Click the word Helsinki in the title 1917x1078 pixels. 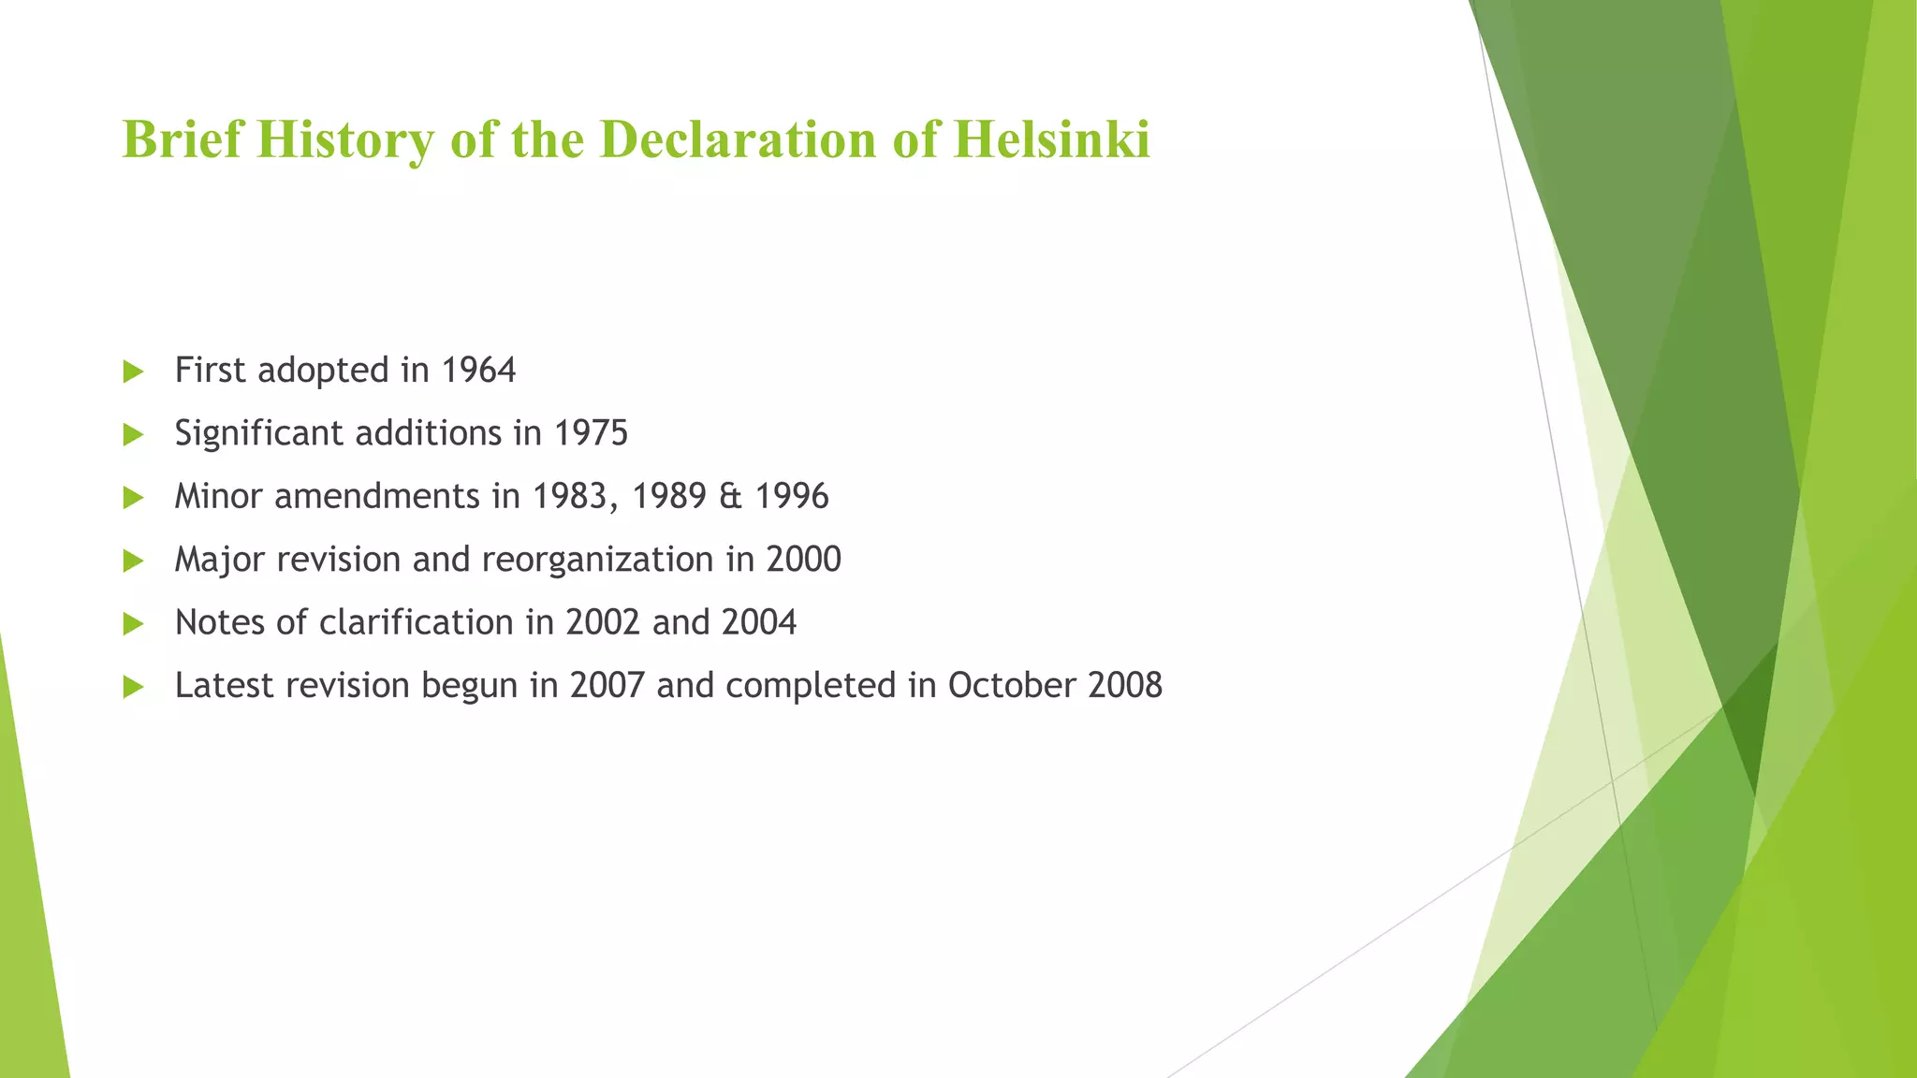click(x=1051, y=139)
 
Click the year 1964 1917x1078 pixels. click(x=478, y=371)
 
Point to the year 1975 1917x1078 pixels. click(x=591, y=433)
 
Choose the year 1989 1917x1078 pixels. click(x=668, y=496)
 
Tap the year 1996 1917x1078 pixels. click(x=792, y=496)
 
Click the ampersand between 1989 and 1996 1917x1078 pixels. click(x=730, y=496)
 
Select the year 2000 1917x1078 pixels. click(x=804, y=560)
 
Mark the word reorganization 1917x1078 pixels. click(x=598, y=560)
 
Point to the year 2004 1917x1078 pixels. click(x=759, y=622)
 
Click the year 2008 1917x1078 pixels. click(x=1125, y=686)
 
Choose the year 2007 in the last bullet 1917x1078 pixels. click(x=607, y=686)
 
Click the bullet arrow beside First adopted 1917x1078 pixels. click(x=133, y=372)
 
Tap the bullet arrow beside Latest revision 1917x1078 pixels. click(x=133, y=688)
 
